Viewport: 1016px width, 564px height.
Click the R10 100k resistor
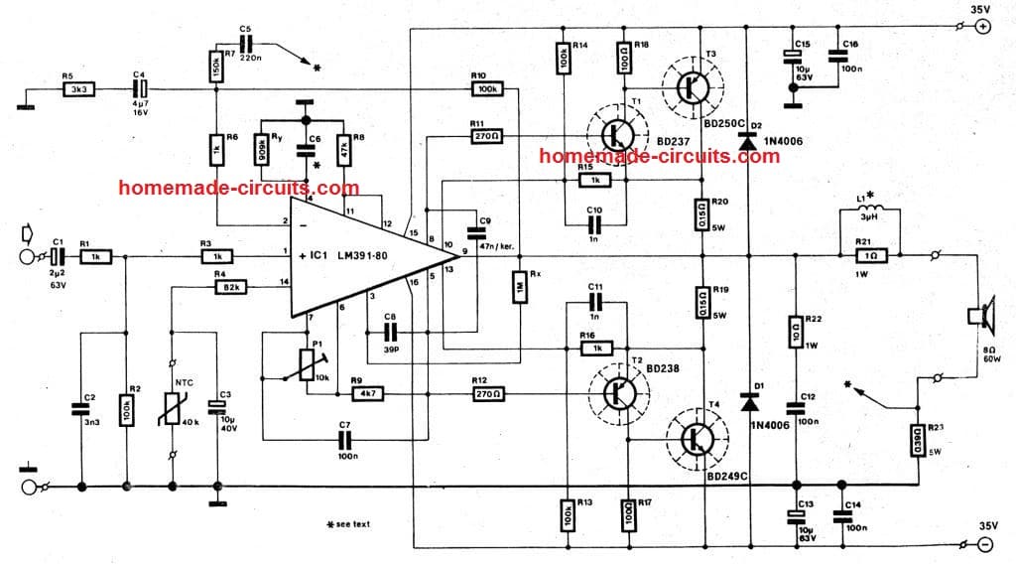(x=485, y=89)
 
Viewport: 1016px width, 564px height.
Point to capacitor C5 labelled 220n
(x=245, y=44)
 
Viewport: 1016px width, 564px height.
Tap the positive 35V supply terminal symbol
(x=982, y=28)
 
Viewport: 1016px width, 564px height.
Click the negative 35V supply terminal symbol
(x=982, y=544)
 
